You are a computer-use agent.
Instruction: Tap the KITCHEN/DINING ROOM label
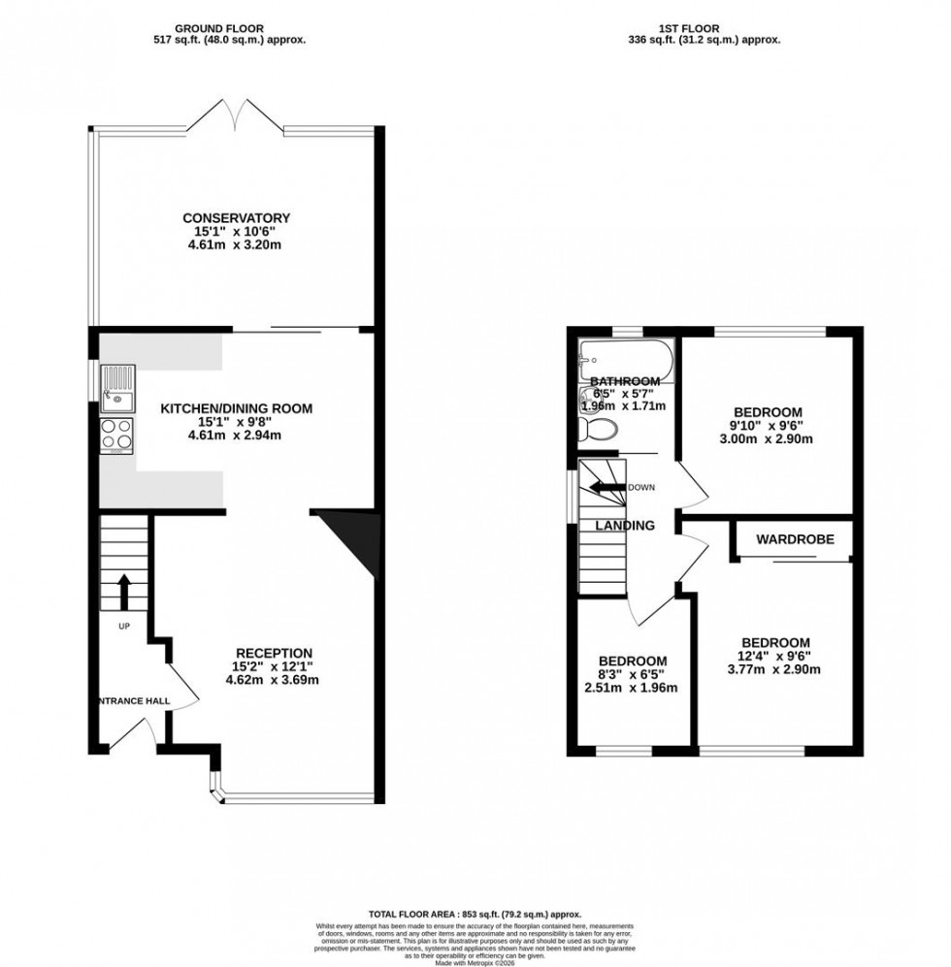(x=236, y=408)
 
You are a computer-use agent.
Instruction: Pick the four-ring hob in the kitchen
(x=116, y=435)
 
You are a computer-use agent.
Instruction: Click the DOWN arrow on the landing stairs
(x=607, y=487)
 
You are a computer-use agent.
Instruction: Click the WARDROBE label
(x=795, y=538)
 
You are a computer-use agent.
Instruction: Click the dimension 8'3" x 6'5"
(x=631, y=674)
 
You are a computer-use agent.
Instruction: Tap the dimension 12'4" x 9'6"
(x=775, y=655)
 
